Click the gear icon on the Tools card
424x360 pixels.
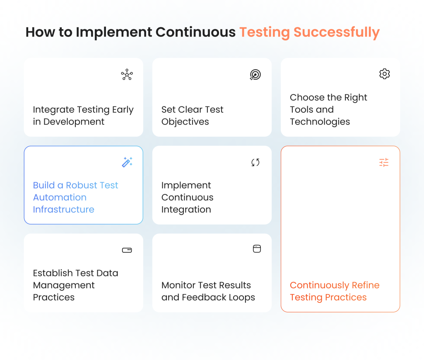click(385, 74)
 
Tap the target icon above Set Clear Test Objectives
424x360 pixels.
click(255, 75)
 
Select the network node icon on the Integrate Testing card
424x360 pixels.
click(127, 75)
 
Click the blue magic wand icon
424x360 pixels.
click(127, 162)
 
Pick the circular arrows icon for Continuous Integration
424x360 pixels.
click(255, 162)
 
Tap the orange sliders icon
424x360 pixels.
click(384, 162)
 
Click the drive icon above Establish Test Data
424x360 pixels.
click(127, 250)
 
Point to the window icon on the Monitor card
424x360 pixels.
click(257, 249)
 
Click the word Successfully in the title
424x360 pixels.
click(337, 32)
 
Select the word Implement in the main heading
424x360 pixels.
click(114, 32)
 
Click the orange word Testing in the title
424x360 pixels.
click(265, 32)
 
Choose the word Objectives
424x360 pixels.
click(185, 122)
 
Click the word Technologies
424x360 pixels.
click(320, 122)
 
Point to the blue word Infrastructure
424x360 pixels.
click(63, 210)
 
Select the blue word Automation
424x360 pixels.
click(60, 198)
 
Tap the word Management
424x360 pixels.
click(64, 285)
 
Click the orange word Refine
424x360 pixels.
click(366, 285)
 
